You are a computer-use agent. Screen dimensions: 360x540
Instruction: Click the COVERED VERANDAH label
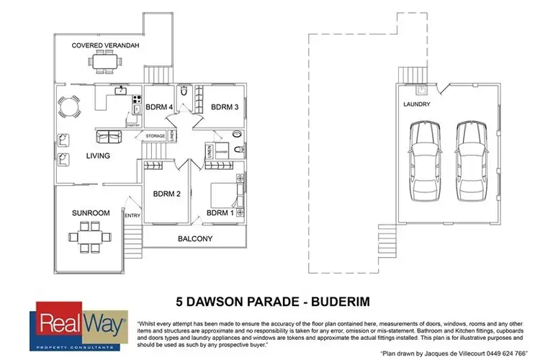(105, 45)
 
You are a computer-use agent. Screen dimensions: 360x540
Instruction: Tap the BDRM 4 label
(159, 107)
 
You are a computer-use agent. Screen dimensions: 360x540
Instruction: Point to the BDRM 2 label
(166, 193)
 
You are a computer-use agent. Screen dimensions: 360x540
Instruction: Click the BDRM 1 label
(220, 213)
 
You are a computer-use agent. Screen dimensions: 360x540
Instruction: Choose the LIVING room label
(98, 156)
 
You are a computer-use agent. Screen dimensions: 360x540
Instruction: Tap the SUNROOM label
(90, 213)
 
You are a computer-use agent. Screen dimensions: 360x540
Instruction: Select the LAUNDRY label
(417, 104)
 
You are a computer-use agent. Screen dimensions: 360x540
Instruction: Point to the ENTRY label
(133, 215)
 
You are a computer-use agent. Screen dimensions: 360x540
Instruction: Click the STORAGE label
(156, 136)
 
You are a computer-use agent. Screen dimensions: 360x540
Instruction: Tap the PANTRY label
(133, 125)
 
